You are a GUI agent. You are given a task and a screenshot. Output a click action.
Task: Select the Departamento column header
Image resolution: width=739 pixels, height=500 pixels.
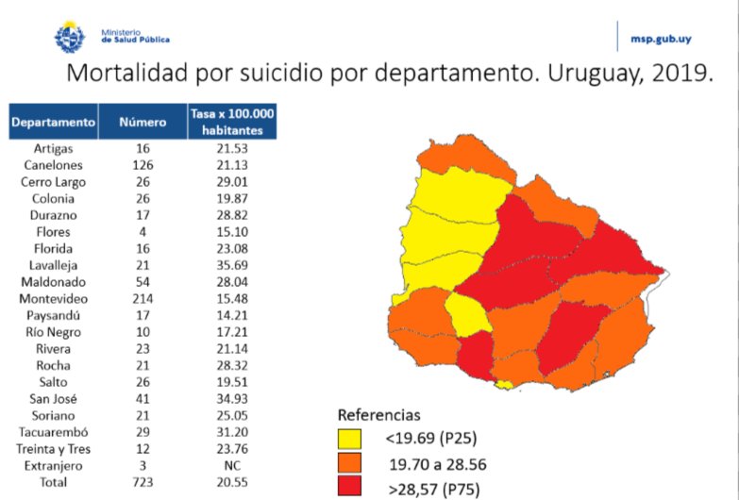coord(54,122)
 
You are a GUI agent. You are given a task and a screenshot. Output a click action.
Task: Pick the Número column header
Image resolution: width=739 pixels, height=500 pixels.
coord(143,122)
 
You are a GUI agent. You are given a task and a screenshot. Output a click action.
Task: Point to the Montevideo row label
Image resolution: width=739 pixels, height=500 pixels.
coord(54,300)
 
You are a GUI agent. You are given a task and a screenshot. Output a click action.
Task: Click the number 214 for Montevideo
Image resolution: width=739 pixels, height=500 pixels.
coord(143,300)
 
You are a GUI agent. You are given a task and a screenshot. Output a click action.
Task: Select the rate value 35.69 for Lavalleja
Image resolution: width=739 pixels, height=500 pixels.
coord(232,266)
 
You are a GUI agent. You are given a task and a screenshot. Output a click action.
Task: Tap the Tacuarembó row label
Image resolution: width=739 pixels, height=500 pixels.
coord(54,432)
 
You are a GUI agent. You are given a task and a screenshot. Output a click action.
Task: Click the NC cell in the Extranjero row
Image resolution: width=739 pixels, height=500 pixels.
coord(232,466)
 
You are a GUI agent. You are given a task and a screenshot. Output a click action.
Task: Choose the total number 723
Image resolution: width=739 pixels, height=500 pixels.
coord(143,483)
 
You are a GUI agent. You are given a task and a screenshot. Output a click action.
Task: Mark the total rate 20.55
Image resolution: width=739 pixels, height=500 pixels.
coord(232,483)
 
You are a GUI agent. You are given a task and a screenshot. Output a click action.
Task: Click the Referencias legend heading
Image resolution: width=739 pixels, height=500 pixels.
coord(378,415)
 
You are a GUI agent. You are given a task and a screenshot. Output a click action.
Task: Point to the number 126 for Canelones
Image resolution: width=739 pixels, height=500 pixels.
coord(143,165)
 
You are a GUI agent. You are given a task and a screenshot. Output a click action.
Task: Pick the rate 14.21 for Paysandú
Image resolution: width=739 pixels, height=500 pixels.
coord(232,316)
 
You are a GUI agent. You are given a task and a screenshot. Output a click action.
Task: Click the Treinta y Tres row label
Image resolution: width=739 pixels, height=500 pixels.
coord(54,449)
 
